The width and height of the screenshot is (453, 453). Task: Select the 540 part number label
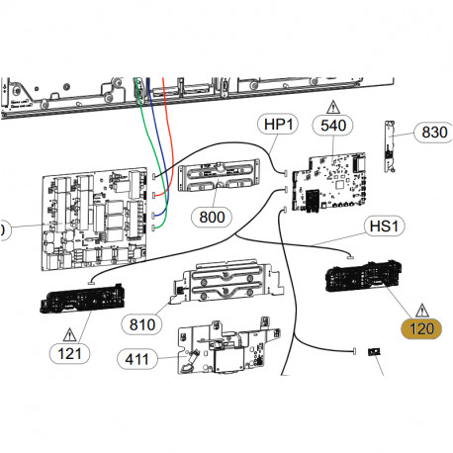pos(332,125)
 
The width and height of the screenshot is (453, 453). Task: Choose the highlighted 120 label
pos(421,329)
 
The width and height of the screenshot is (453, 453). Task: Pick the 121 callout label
pos(70,351)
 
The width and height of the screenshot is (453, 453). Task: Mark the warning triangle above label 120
pos(422,308)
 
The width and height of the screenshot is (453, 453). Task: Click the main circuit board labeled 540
pos(332,184)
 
